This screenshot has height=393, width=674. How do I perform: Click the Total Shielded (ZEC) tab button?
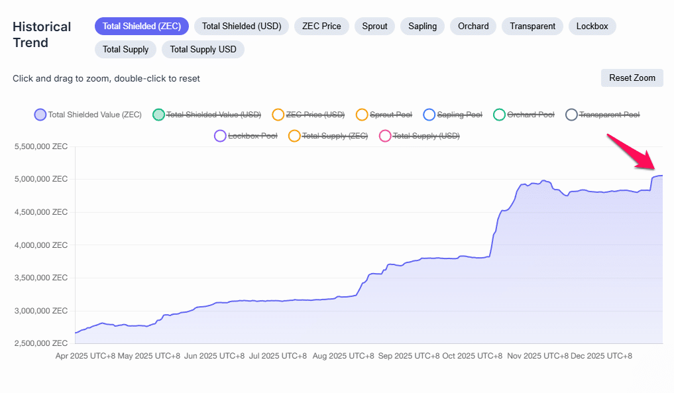[142, 27]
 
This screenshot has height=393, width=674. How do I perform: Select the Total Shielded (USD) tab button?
[241, 27]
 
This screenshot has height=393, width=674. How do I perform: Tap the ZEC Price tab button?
[321, 27]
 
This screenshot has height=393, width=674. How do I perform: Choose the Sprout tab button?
[374, 27]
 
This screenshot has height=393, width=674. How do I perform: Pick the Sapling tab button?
[422, 27]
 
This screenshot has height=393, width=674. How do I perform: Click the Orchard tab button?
[473, 27]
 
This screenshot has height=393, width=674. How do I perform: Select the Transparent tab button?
[532, 27]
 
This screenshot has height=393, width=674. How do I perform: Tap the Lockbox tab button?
[592, 27]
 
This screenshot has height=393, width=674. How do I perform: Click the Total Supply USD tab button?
[203, 49]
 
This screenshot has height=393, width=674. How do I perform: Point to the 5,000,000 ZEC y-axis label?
[41, 179]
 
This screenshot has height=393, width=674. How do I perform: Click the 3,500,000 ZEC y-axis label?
[41, 278]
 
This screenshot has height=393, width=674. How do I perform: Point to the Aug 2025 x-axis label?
[342, 356]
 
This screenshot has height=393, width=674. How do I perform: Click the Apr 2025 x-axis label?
[87, 356]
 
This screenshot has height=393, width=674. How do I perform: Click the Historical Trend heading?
[41, 34]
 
